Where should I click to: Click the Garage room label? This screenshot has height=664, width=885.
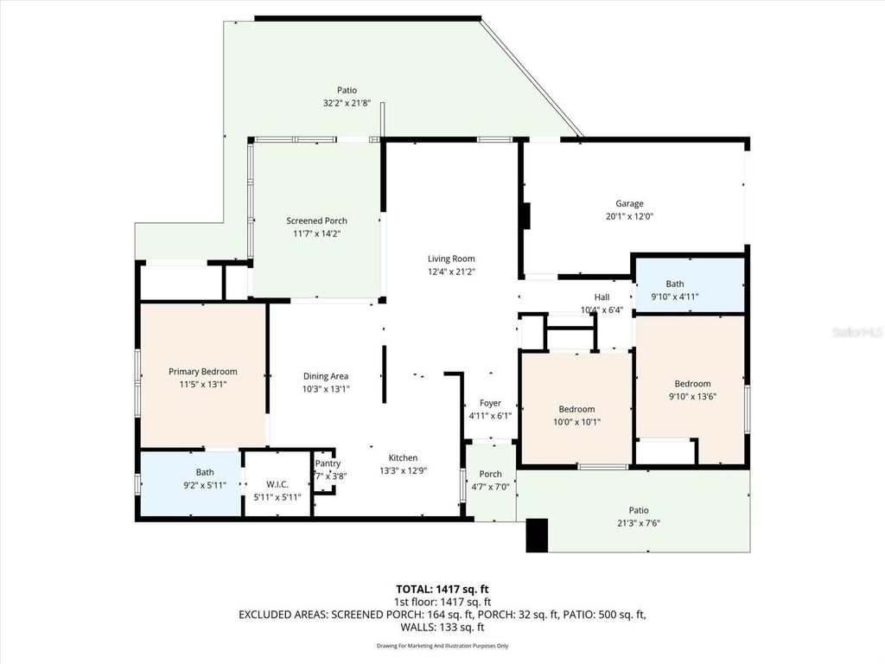tap(629, 204)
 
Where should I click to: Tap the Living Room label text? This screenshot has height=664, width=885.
tap(451, 259)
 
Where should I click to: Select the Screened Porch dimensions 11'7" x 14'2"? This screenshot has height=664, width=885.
tap(316, 233)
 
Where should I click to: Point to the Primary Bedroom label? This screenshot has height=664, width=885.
tap(202, 372)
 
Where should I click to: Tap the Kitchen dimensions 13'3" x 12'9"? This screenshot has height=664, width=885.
tap(403, 470)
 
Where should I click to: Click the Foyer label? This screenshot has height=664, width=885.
tap(490, 403)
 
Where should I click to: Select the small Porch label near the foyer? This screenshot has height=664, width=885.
tap(490, 474)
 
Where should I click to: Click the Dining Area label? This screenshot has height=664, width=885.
tap(326, 376)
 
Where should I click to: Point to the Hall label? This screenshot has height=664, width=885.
tap(602, 297)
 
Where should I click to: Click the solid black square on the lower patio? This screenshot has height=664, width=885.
tap(537, 534)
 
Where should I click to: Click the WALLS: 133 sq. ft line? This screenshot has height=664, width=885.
tap(442, 628)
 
